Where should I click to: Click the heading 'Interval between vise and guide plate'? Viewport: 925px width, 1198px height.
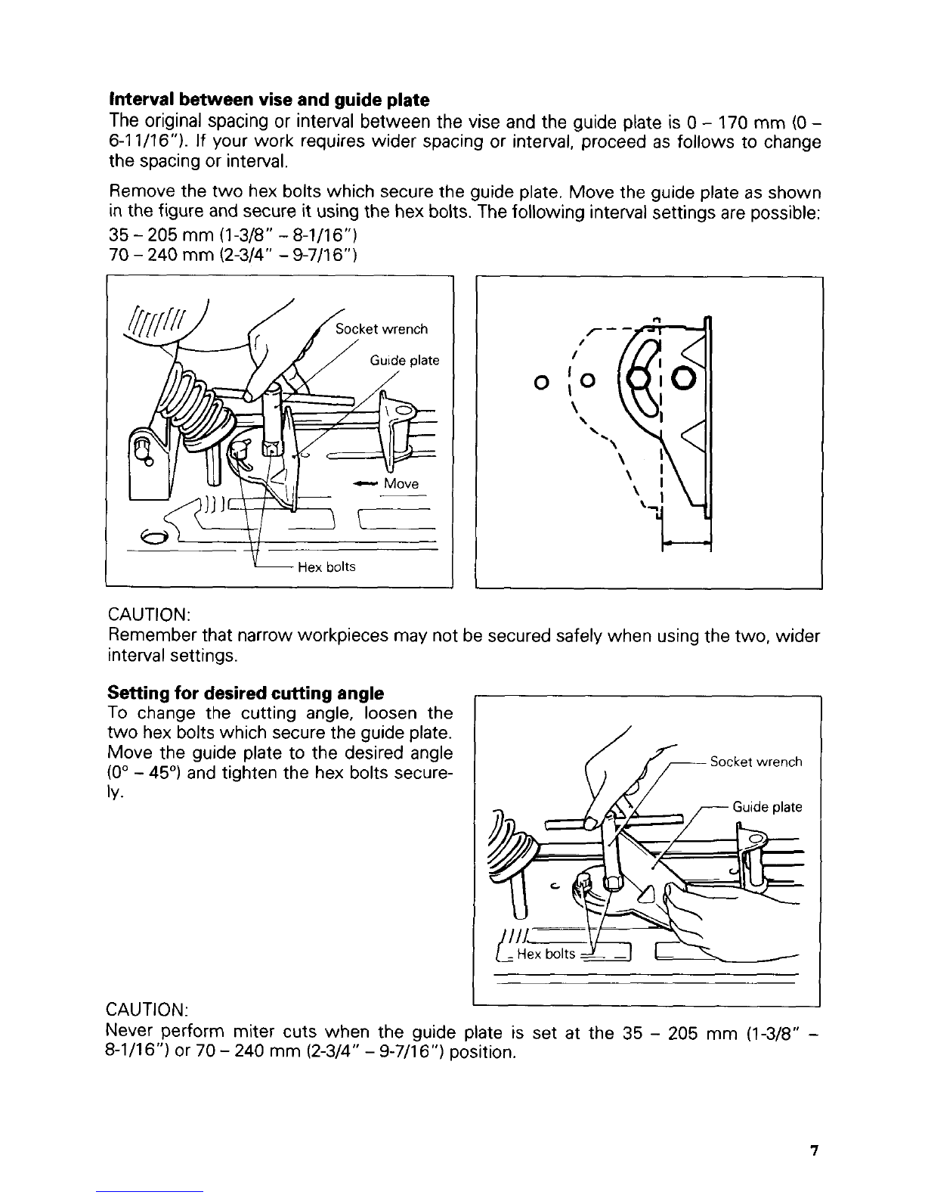(269, 100)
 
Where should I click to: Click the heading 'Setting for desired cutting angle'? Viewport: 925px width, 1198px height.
(246, 693)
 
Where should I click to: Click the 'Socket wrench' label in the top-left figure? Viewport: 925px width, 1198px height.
(381, 329)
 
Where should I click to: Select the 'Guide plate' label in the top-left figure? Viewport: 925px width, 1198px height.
(404, 361)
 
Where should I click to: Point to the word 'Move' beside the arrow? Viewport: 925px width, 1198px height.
(401, 483)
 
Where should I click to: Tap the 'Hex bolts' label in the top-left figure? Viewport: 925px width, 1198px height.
(326, 566)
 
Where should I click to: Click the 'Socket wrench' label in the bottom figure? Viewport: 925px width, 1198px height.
(756, 762)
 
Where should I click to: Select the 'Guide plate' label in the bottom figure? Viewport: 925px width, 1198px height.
(767, 807)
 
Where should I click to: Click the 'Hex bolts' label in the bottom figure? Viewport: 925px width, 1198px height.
(546, 954)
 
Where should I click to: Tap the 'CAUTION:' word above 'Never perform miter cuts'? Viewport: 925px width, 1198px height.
(147, 1010)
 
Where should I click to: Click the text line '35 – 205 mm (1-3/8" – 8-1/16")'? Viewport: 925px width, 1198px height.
(234, 235)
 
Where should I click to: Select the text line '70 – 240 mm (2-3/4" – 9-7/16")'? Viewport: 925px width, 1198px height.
(234, 256)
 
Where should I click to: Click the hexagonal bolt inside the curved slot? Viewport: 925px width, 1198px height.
(640, 379)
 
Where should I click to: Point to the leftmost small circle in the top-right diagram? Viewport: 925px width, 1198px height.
(542, 381)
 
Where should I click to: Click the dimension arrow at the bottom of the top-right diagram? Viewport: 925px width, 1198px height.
(686, 544)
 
